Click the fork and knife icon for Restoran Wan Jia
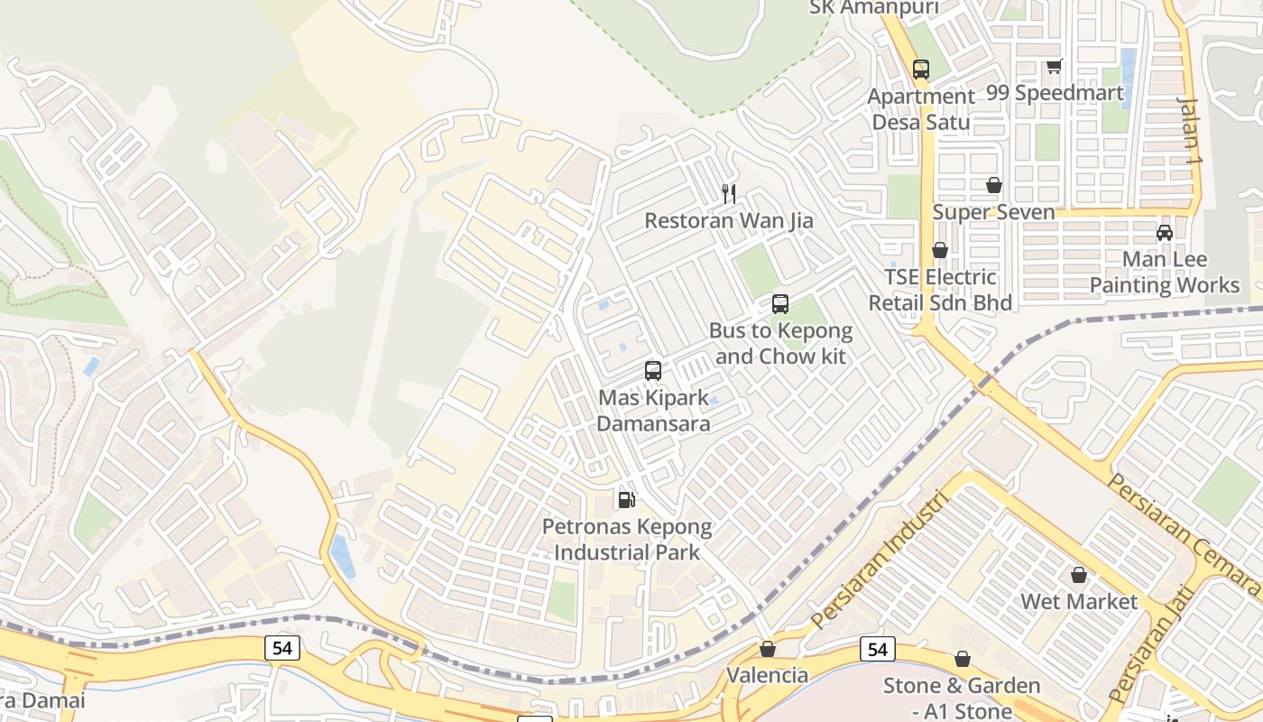pyautogui.click(x=729, y=193)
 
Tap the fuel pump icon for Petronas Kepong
pyautogui.click(x=626, y=499)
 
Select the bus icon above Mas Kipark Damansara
pyautogui.click(x=653, y=370)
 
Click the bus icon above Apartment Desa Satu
pyautogui.click(x=920, y=69)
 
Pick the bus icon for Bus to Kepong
pyautogui.click(x=780, y=304)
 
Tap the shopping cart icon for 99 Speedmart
pyautogui.click(x=1054, y=66)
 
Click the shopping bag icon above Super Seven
pyautogui.click(x=993, y=185)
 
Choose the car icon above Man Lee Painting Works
pyautogui.click(x=1165, y=233)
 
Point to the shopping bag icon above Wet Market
pyautogui.click(x=1079, y=575)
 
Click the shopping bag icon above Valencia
pyautogui.click(x=767, y=649)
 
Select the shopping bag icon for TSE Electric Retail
pyautogui.click(x=940, y=250)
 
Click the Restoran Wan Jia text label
pyautogui.click(x=729, y=220)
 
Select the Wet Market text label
pyautogui.click(x=1079, y=601)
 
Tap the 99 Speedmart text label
pyautogui.click(x=1056, y=93)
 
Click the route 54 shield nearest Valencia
pyautogui.click(x=878, y=649)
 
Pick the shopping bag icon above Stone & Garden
pyautogui.click(x=963, y=660)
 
